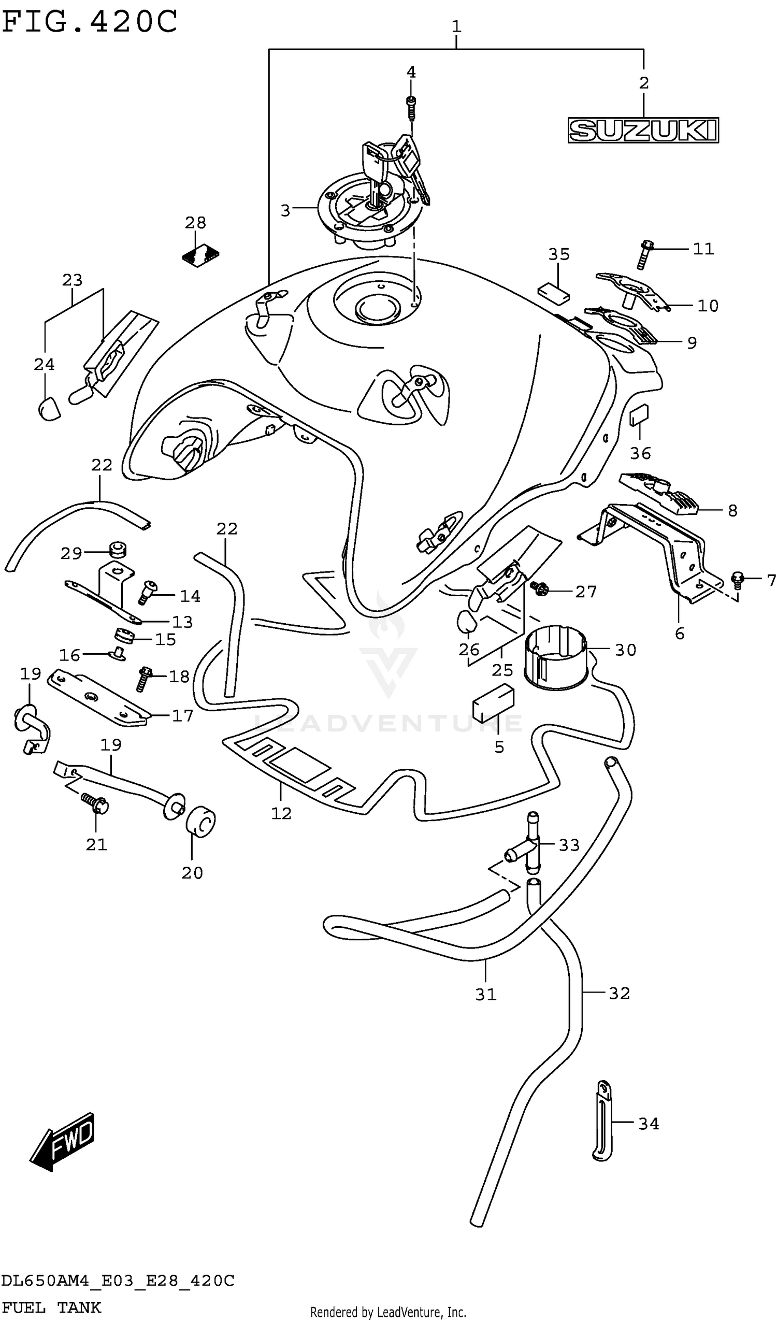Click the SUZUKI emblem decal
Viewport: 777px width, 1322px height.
click(643, 130)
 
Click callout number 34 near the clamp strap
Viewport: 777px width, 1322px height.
click(649, 1124)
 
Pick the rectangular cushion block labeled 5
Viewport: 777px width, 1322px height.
click(493, 703)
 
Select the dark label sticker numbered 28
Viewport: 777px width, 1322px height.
click(201, 255)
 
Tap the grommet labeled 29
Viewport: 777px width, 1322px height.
click(118, 550)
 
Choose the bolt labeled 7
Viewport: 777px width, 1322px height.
click(738, 579)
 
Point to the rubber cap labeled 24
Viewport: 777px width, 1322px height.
click(48, 409)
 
